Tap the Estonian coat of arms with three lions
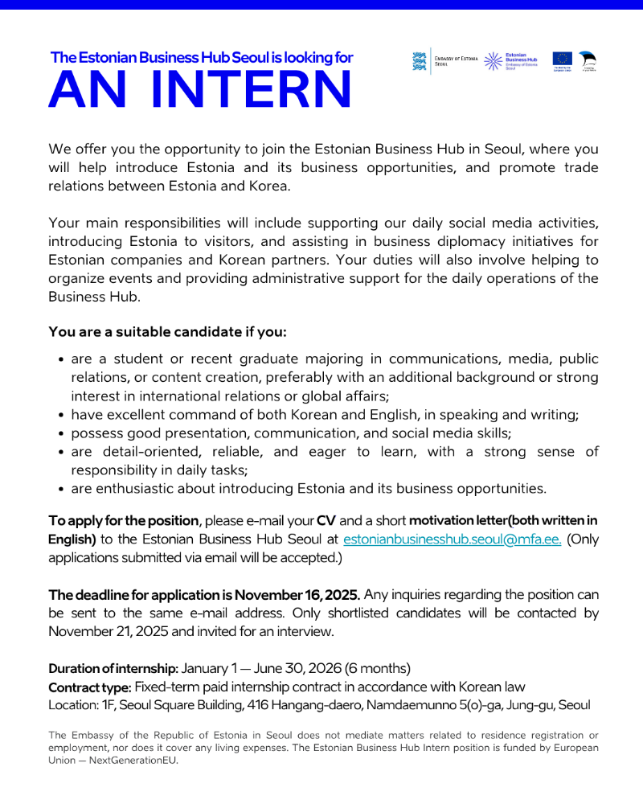[x=419, y=62]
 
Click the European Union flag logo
[x=562, y=59]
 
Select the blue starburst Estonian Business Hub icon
[x=493, y=62]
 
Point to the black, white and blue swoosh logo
[x=588, y=60]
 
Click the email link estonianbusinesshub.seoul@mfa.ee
[x=453, y=539]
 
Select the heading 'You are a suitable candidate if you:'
[x=167, y=332]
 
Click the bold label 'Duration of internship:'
[x=113, y=669]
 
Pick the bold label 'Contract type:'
[x=89, y=687]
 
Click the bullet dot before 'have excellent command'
[x=62, y=416]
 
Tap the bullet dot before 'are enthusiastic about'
[x=62, y=489]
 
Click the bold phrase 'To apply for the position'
[x=123, y=521]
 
